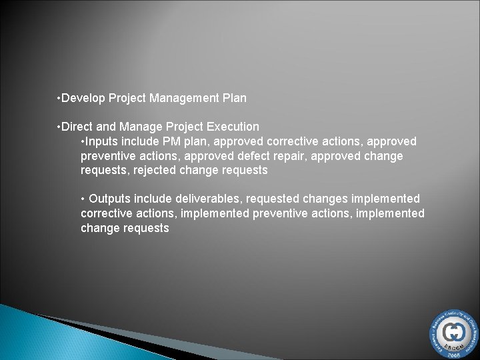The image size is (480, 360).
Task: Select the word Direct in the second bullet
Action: point(78,126)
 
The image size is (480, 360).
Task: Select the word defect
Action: point(275,156)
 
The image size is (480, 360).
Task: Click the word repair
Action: point(311,156)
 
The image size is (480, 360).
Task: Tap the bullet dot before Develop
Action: point(60,99)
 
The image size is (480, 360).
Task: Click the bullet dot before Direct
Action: point(60,126)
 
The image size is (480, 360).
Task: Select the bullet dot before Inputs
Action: point(83,141)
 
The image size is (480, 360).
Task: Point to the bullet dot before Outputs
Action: point(83,199)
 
